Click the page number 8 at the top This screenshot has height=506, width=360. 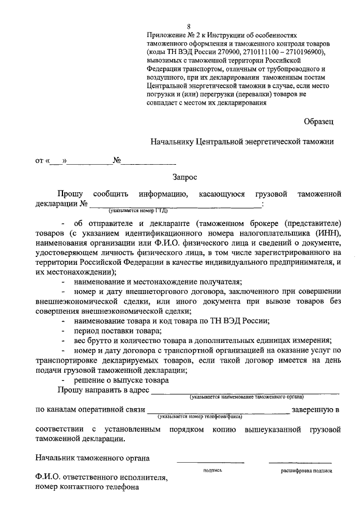click(x=189, y=26)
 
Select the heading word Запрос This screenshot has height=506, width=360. click(x=185, y=177)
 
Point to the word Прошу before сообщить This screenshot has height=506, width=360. click(x=69, y=195)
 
